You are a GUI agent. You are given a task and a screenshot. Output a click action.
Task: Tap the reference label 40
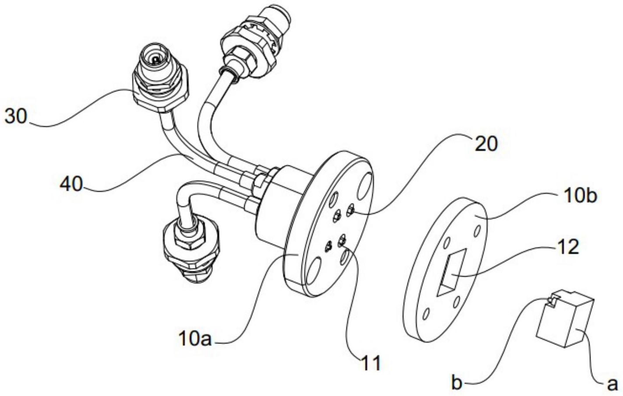point(71,183)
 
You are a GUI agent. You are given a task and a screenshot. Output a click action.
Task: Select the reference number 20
point(486,143)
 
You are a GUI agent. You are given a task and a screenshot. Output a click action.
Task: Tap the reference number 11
point(370,363)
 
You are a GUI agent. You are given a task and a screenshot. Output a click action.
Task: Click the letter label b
point(457,384)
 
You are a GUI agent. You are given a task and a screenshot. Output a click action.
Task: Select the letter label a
point(612,384)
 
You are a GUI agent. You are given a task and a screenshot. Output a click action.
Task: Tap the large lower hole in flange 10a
point(313,274)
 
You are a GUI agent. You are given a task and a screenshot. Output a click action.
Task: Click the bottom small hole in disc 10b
point(425,315)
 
